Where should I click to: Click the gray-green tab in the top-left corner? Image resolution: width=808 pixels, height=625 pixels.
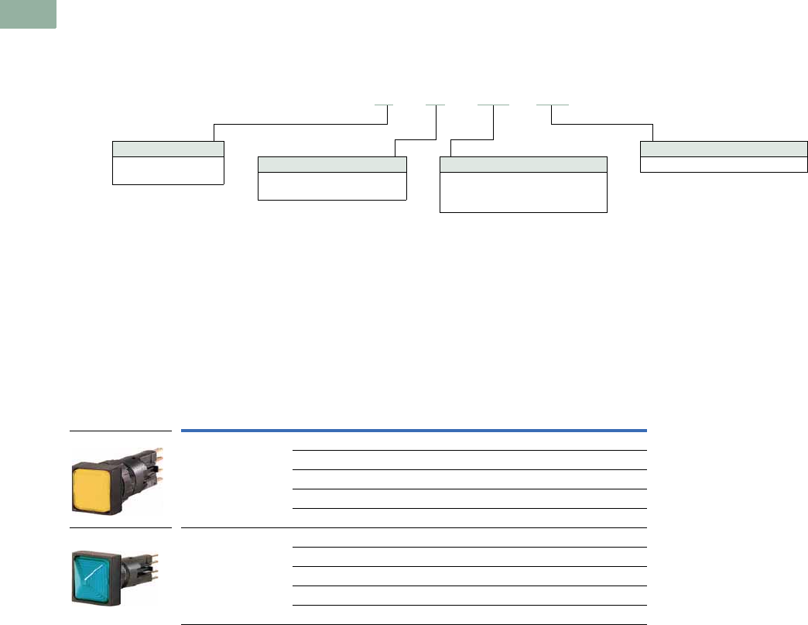tap(28, 14)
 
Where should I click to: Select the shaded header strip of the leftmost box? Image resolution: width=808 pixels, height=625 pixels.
tap(168, 149)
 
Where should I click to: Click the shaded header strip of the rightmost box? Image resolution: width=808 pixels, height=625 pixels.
tap(724, 149)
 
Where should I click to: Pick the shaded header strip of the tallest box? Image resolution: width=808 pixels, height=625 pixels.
tap(523, 164)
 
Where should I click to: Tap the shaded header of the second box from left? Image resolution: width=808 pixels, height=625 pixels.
tap(332, 164)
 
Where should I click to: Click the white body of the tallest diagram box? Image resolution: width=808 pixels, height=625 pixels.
tap(523, 192)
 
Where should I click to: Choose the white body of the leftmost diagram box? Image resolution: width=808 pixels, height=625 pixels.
tap(168, 170)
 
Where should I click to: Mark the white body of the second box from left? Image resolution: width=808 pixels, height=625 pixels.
tap(332, 186)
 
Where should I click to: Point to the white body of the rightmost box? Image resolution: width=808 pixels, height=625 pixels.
tap(724, 164)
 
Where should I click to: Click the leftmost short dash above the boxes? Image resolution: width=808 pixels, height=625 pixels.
tap(384, 104)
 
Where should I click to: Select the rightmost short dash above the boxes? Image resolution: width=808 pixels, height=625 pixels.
tap(553, 104)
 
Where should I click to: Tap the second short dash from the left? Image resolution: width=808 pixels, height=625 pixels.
tap(436, 104)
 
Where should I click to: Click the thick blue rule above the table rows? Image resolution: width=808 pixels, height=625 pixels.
tap(413, 430)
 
